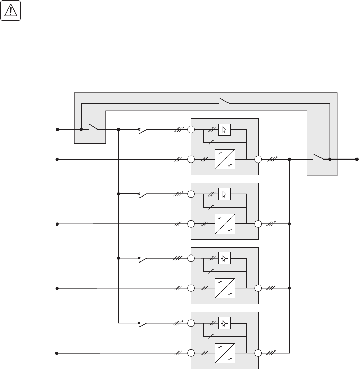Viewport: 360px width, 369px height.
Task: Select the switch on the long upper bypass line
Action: (x=225, y=102)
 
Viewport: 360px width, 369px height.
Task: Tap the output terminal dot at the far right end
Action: (x=357, y=159)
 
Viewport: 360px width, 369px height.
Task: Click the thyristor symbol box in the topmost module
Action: (x=225, y=130)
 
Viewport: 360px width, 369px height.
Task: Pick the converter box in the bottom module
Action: (x=224, y=353)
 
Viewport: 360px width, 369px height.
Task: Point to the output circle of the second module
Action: (x=258, y=224)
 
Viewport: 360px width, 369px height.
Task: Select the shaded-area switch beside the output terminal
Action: (x=318, y=157)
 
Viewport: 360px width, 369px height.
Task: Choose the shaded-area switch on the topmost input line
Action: (x=93, y=127)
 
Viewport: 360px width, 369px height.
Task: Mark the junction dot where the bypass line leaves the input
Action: (x=81, y=129)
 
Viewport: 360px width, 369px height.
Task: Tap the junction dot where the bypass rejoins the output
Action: (x=330, y=159)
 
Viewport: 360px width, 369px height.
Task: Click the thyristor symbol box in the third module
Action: (x=225, y=259)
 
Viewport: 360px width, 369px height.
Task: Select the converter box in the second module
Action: (x=224, y=224)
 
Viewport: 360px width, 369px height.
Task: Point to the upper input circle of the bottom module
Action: (x=191, y=323)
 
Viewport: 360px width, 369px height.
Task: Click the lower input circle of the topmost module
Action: (x=191, y=159)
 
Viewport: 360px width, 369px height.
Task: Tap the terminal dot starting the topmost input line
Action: (x=57, y=129)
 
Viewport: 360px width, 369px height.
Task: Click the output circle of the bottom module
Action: (x=258, y=353)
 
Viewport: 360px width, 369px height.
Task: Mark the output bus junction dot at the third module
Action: (x=289, y=288)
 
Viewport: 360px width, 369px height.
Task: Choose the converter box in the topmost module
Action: (x=224, y=159)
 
